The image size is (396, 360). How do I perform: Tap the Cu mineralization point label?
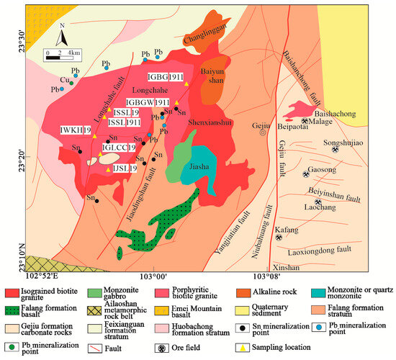point(63,80)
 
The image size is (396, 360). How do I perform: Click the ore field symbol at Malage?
point(306,122)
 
